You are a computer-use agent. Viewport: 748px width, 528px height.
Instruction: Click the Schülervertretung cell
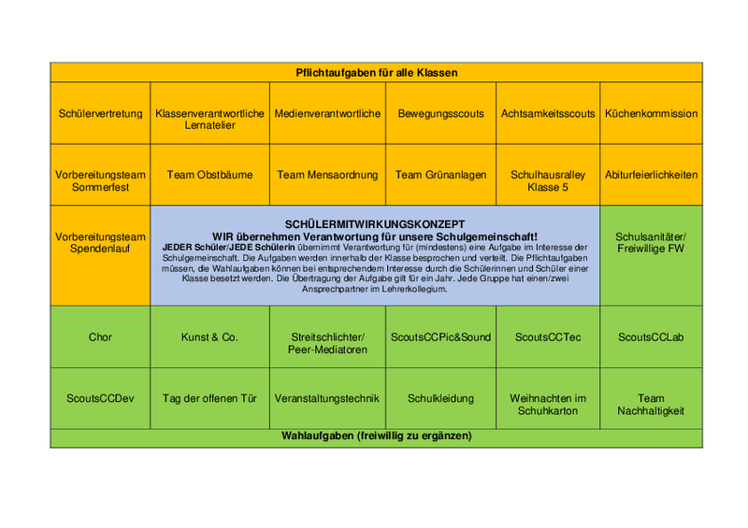pos(100,114)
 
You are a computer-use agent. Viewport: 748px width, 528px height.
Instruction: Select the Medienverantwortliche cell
pos(327,114)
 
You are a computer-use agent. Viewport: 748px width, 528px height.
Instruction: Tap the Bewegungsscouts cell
pos(441,114)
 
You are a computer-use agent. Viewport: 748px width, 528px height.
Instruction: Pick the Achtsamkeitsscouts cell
pos(548,114)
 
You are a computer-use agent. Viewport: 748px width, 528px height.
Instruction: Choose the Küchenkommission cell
pos(651,114)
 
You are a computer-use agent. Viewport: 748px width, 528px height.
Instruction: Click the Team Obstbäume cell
pos(209,175)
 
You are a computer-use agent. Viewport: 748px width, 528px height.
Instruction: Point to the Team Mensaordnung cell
pos(327,175)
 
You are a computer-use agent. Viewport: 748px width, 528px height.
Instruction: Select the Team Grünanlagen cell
pos(441,175)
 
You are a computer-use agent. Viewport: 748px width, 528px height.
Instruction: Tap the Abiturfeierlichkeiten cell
pos(651,175)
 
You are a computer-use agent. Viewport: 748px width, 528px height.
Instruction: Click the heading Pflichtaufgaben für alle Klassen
pos(376,72)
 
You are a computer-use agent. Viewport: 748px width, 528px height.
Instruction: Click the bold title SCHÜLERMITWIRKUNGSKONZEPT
pos(374,223)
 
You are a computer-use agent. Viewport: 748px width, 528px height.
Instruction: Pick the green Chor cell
pos(100,337)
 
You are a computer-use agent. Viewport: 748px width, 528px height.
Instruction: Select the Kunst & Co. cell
pos(209,337)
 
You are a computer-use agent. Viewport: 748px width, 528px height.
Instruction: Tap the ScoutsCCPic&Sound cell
pos(441,337)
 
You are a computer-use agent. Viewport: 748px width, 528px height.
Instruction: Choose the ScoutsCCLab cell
pos(651,337)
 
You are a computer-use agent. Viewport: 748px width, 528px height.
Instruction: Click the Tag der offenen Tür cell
pos(209,398)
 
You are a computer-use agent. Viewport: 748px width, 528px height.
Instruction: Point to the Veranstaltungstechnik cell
pos(327,398)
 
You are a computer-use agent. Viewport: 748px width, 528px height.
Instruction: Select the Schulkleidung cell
pos(441,398)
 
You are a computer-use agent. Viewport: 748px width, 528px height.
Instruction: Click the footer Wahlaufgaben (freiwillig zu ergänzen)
pos(376,436)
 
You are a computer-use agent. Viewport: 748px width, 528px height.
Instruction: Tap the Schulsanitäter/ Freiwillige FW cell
pos(651,242)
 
